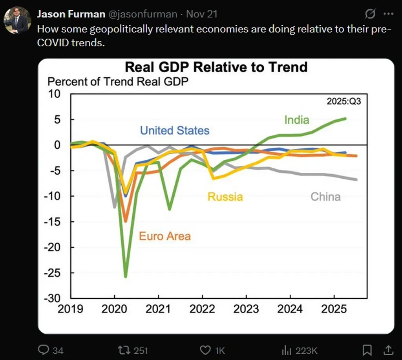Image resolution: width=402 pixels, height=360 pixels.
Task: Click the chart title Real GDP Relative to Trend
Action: click(x=216, y=67)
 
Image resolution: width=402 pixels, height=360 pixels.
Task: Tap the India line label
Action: click(x=297, y=120)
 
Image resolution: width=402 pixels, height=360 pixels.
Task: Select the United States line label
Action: click(x=175, y=130)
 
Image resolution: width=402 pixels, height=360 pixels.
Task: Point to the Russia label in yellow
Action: click(x=225, y=196)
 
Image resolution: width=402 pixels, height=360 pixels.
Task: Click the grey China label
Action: click(x=325, y=196)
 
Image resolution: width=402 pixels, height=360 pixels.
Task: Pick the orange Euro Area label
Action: click(x=165, y=236)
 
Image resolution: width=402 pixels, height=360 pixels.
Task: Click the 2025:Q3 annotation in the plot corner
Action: click(x=344, y=101)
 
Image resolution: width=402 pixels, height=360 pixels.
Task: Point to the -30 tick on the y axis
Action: click(x=54, y=298)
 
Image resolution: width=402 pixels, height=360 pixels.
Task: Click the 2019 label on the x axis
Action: click(x=71, y=309)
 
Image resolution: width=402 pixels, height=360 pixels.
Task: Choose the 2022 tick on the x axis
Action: click(x=202, y=309)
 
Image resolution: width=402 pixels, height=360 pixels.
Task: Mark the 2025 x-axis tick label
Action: click(x=334, y=309)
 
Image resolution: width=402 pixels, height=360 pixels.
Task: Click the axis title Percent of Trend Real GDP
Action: click(x=118, y=82)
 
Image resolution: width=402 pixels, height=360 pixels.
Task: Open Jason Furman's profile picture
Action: click(x=17, y=20)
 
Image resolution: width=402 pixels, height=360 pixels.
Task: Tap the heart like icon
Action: click(x=205, y=350)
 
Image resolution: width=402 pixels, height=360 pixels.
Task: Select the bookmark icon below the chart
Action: click(x=367, y=350)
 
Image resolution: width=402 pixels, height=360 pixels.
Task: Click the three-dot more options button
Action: click(x=388, y=15)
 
